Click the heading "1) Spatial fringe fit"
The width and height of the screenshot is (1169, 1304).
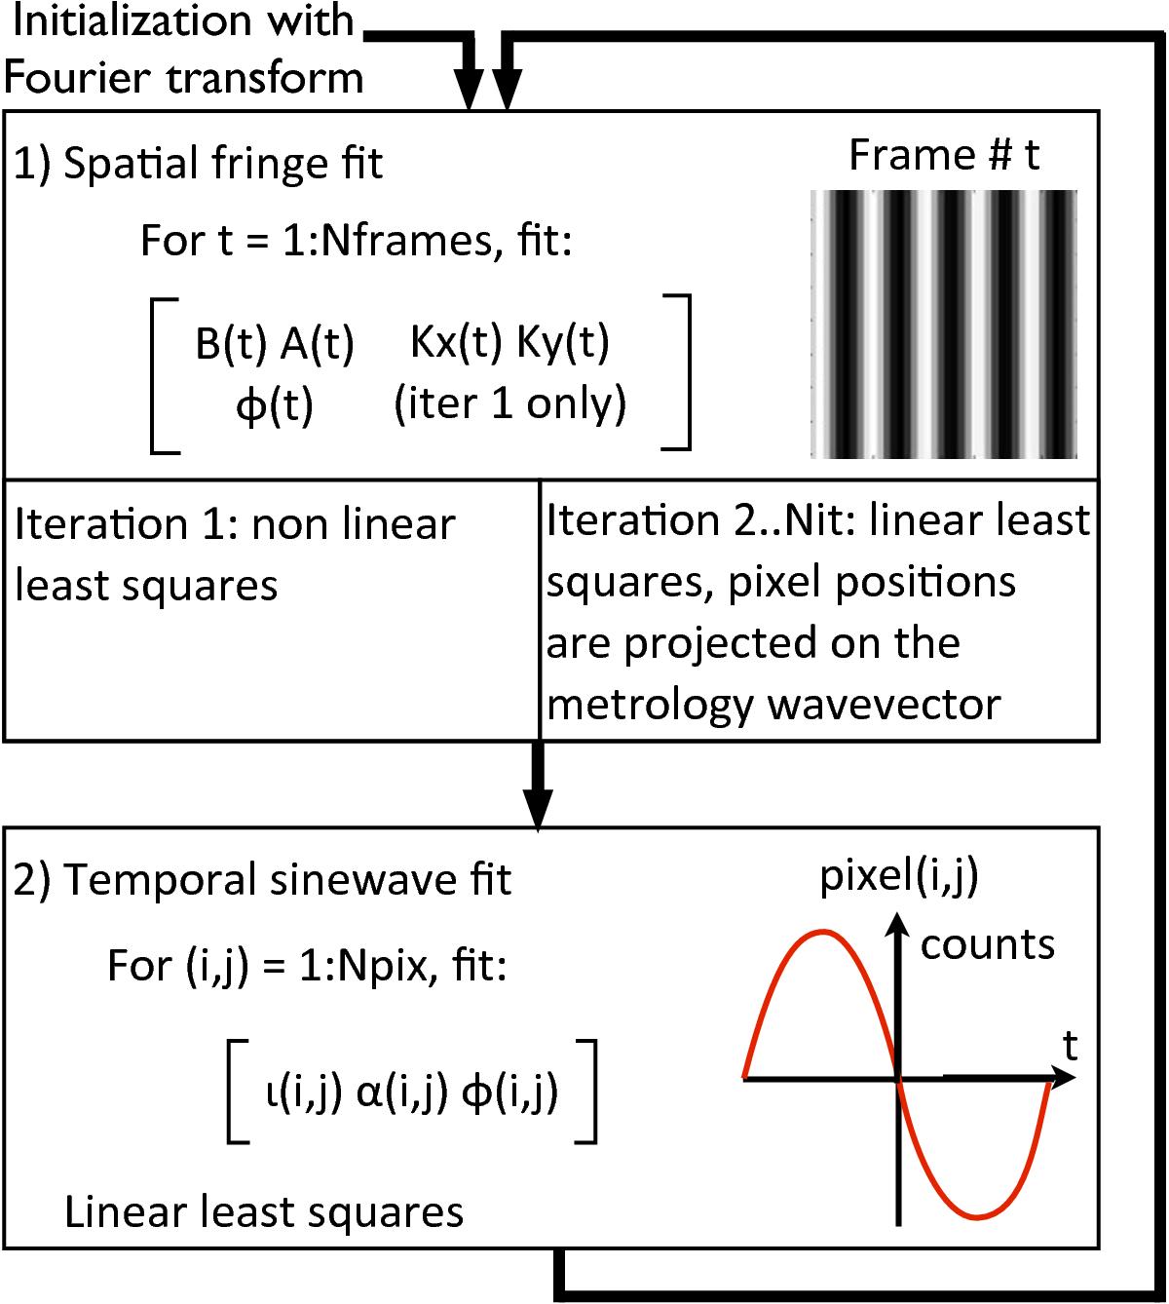pyautogui.click(x=198, y=164)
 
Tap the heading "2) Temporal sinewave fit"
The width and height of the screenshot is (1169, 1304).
pyautogui.click(x=262, y=879)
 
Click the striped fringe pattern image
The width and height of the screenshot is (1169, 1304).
pyautogui.click(x=944, y=324)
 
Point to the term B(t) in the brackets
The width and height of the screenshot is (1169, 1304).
pyautogui.click(x=231, y=343)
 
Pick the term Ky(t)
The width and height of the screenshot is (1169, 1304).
pyautogui.click(x=563, y=342)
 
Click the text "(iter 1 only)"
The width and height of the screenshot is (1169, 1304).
pyautogui.click(x=510, y=404)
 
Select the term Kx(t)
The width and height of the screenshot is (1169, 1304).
pyautogui.click(x=456, y=342)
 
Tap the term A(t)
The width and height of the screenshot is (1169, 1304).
pyautogui.click(x=318, y=343)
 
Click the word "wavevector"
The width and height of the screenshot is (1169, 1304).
pyautogui.click(x=886, y=705)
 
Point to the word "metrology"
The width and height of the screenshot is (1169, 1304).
pyautogui.click(x=650, y=706)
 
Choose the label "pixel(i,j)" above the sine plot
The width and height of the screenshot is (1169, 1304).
pyautogui.click(x=899, y=876)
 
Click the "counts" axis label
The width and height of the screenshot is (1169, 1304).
pyautogui.click(x=988, y=944)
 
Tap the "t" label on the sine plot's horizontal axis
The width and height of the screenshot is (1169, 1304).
pyautogui.click(x=1071, y=1046)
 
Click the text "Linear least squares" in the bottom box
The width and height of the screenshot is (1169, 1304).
pyautogui.click(x=264, y=1211)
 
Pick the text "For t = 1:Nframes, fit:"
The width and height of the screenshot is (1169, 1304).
pyautogui.click(x=357, y=241)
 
